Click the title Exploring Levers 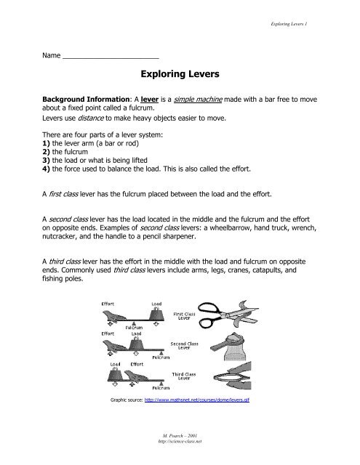[x=180, y=74]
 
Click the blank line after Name [x=111, y=58]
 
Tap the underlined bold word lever [x=149, y=100]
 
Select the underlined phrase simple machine [x=198, y=100]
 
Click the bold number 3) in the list [x=46, y=161]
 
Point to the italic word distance [x=90, y=118]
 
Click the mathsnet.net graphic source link [x=197, y=400]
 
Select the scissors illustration [x=228, y=315]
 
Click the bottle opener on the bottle [x=227, y=344]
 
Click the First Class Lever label [x=184, y=316]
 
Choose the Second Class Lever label [x=184, y=346]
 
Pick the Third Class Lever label [x=184, y=376]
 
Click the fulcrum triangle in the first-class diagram [x=134, y=323]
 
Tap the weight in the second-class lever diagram [x=136, y=344]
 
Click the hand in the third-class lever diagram [x=137, y=377]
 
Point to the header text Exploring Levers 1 [x=289, y=24]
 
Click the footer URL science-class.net [x=180, y=441]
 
